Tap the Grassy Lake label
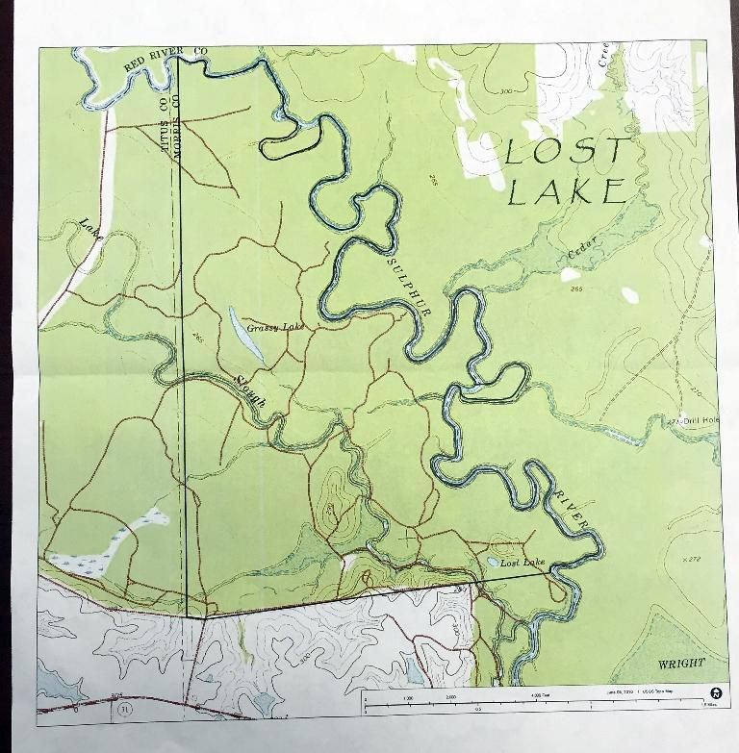click(274, 328)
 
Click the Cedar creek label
click(582, 247)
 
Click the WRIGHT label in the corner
click(680, 664)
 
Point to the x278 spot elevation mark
click(688, 559)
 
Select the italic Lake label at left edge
click(91, 230)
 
